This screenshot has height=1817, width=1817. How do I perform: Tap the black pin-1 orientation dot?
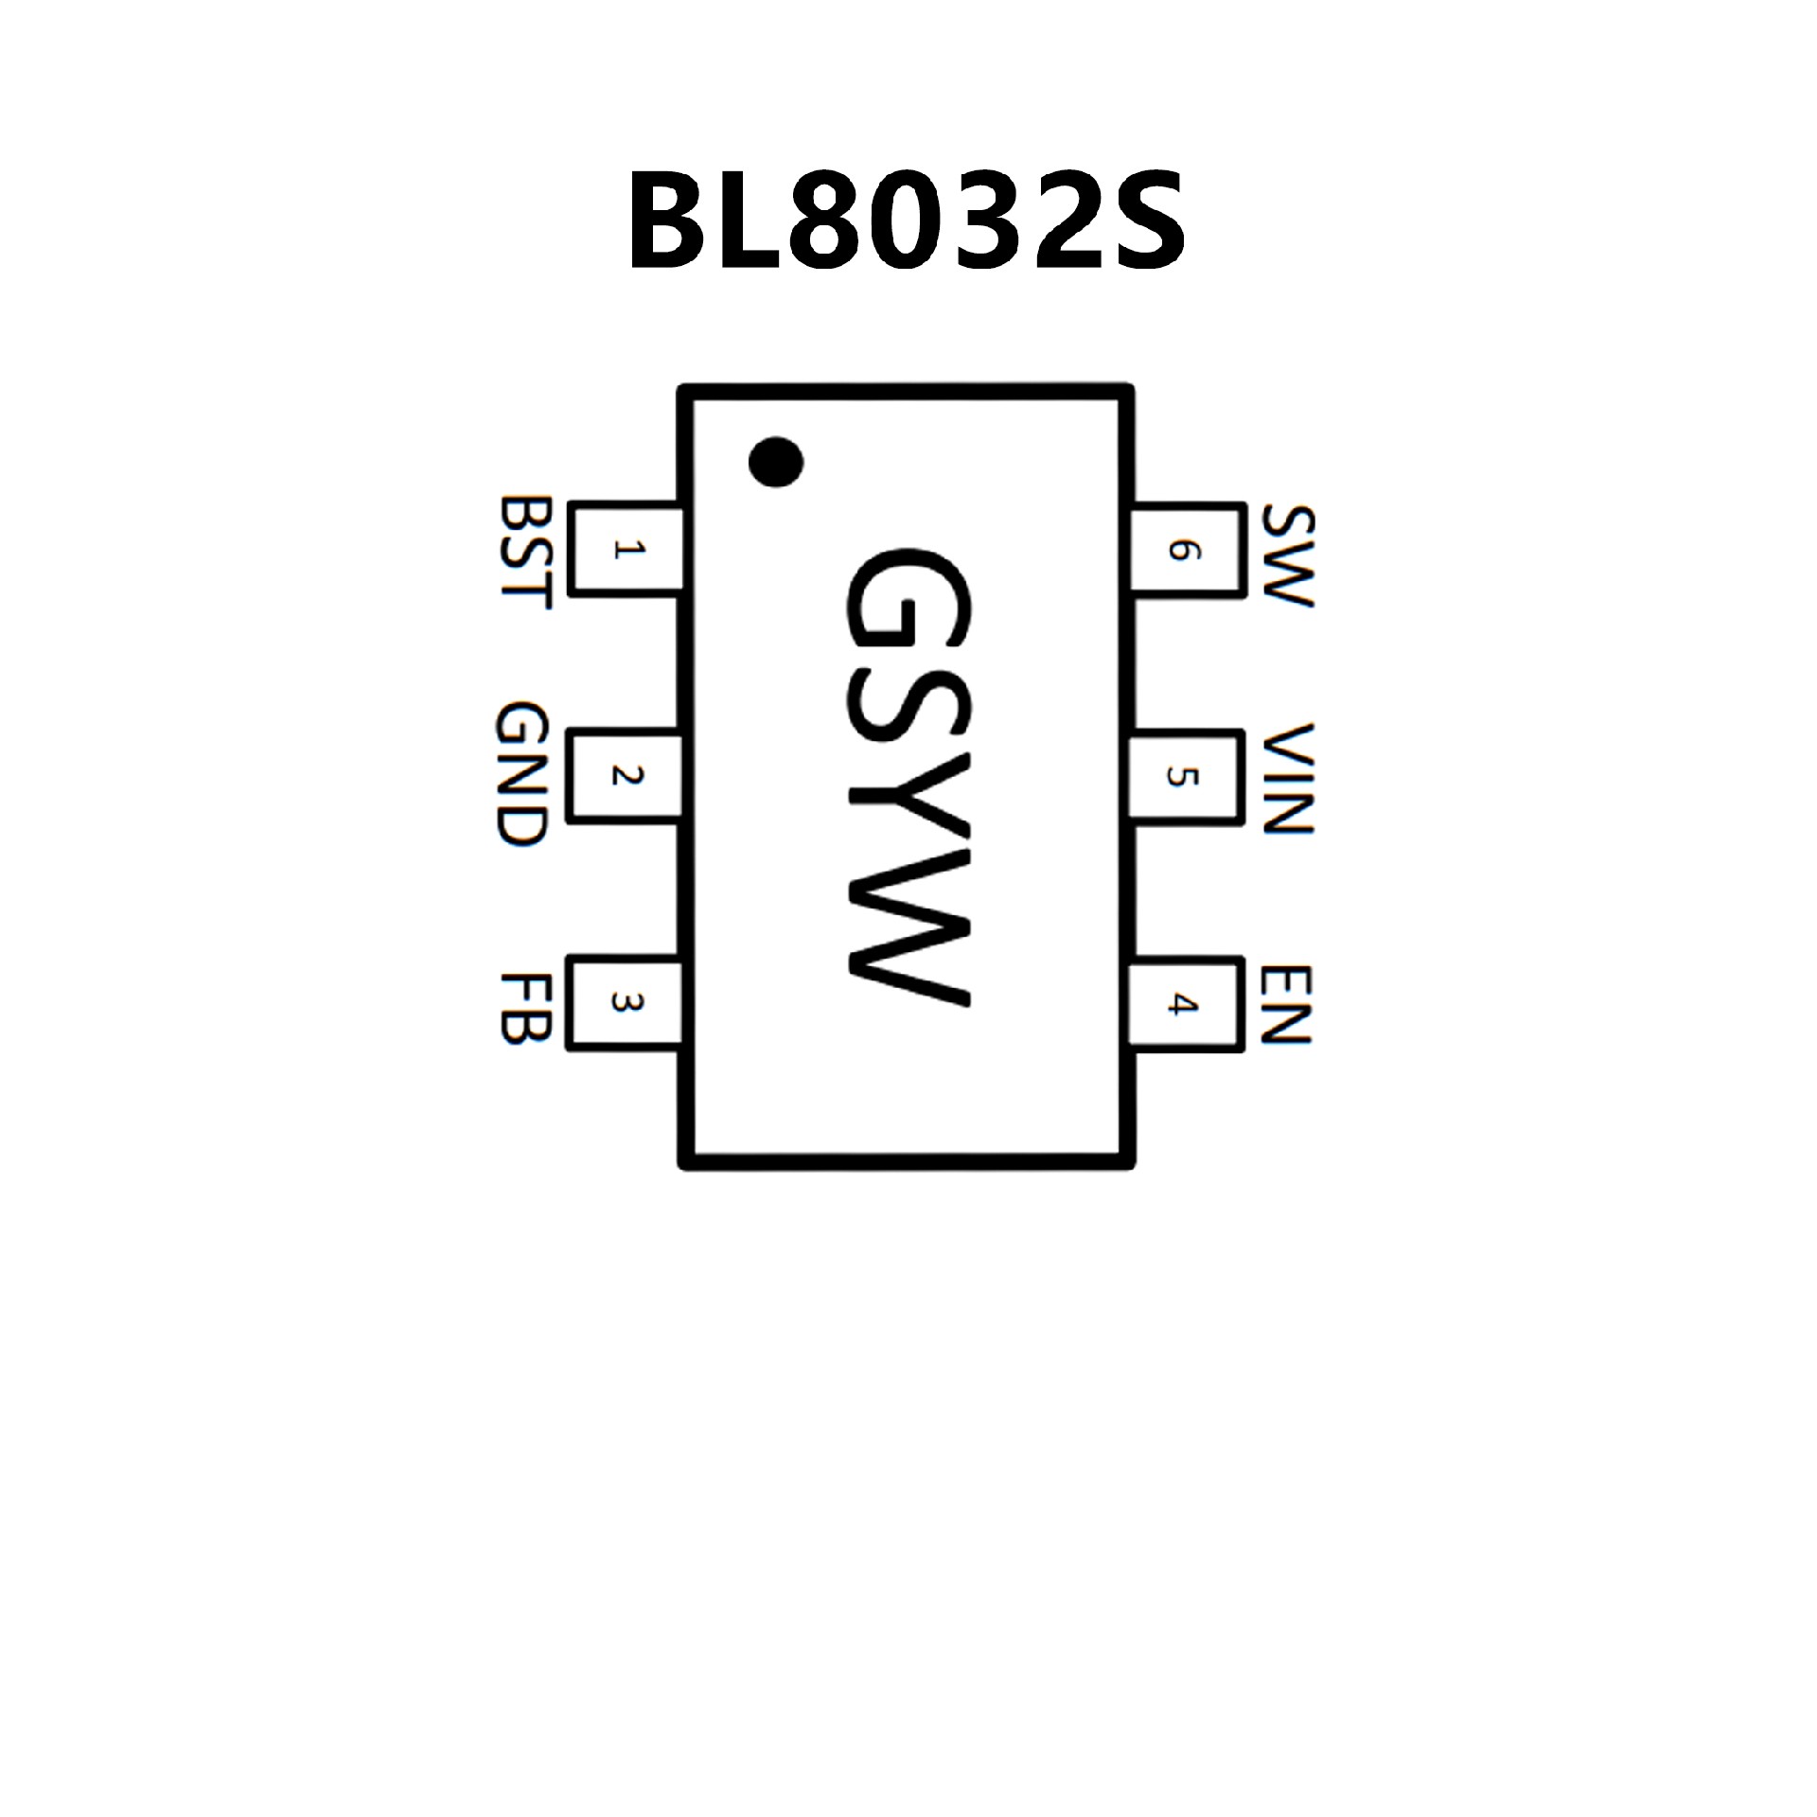[x=775, y=463]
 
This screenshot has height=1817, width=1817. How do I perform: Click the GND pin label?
[x=521, y=775]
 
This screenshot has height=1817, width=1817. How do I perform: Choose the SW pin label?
[x=1288, y=556]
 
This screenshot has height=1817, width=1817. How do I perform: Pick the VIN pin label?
[x=1288, y=779]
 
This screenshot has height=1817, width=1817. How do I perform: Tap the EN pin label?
[x=1288, y=1004]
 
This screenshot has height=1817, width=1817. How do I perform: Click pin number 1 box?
[x=626, y=550]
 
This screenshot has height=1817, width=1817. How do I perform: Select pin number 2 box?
[x=626, y=775]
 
